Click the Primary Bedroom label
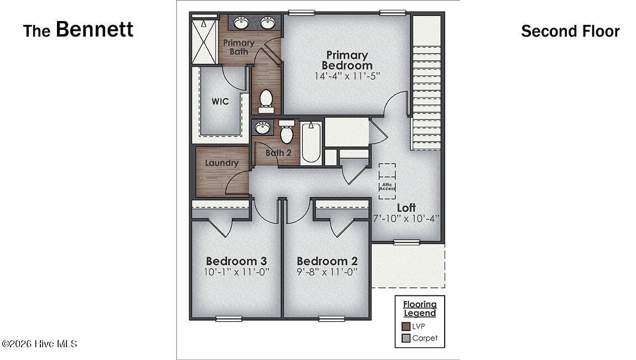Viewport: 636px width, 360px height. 347,60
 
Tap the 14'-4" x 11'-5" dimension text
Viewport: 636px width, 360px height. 347,76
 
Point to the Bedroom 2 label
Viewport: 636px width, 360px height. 327,261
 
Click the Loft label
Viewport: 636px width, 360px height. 406,208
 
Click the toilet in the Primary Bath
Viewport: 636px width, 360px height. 266,101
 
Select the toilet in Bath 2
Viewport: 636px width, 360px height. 286,133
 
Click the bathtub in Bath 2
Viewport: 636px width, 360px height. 311,142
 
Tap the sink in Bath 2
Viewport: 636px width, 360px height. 262,128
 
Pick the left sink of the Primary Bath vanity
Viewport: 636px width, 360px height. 241,23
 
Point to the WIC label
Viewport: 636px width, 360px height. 220,102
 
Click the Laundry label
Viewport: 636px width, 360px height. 222,163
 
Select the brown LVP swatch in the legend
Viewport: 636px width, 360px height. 406,326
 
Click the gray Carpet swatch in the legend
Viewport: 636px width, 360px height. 406,338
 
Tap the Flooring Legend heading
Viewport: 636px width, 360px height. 419,309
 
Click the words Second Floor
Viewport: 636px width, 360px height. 570,32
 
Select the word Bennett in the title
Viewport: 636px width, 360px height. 95,29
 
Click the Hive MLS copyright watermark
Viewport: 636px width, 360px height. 39,344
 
